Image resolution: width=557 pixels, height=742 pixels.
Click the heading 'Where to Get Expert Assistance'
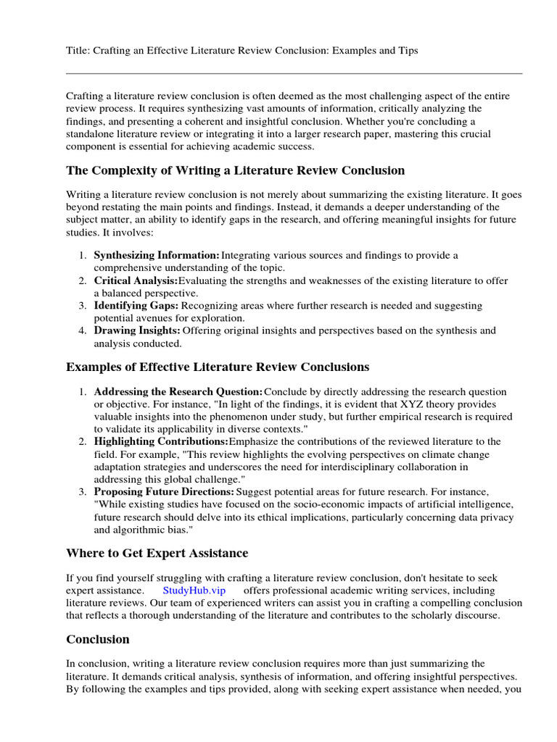click(157, 554)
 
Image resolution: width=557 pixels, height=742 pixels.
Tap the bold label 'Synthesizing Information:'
click(157, 256)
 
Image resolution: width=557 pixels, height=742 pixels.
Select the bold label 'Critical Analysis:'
click(136, 280)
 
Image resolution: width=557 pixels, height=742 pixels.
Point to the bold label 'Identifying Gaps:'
click(136, 306)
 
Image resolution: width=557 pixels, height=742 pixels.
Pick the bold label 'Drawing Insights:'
click(137, 330)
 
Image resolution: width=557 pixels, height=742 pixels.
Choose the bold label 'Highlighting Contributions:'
click(161, 441)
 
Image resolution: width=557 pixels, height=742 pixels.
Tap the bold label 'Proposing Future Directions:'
click(165, 491)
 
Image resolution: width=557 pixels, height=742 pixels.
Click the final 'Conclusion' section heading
click(98, 639)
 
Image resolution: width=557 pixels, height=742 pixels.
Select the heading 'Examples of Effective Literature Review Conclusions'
click(218, 367)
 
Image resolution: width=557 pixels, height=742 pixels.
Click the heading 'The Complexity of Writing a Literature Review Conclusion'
click(236, 170)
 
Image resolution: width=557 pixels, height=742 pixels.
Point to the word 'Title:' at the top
click(78, 51)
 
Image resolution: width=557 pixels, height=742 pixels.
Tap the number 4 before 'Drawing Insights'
click(82, 330)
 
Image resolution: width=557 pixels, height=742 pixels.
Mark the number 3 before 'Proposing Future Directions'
click(82, 491)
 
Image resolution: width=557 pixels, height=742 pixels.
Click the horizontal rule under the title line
click(294, 73)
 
